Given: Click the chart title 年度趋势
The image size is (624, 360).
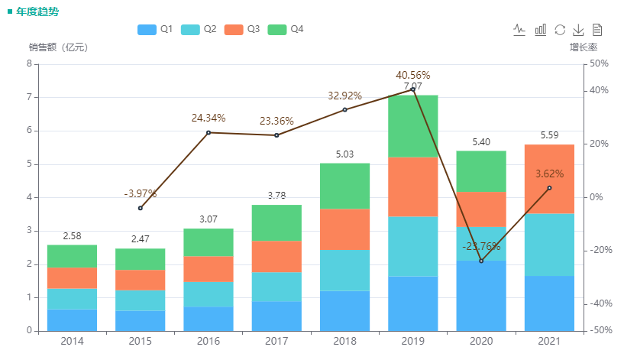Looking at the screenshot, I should point(37,11).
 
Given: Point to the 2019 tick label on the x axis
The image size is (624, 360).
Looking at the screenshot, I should point(412,341).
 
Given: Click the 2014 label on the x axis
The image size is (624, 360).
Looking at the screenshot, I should point(72,341).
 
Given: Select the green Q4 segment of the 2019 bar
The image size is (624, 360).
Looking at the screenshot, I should point(412,126).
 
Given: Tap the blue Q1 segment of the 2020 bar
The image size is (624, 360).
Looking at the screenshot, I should point(480,296).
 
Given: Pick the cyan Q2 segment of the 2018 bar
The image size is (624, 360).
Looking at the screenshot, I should point(344,271).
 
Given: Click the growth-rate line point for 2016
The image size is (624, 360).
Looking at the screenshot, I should point(209,132).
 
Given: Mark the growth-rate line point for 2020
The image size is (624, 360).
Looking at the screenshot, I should point(481,261).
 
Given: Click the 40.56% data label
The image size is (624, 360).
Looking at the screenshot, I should point(413,75).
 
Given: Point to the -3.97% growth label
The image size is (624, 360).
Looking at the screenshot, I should point(141,193).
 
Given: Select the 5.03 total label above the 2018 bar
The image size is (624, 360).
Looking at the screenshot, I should point(344,154).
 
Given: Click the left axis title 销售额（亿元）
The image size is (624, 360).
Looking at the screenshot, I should point(60,47).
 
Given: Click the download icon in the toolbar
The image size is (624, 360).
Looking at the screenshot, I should point(578,30).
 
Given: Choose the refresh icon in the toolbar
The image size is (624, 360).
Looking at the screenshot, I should point(560,30).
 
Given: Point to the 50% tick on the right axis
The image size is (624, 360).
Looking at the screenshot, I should point(600,64).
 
